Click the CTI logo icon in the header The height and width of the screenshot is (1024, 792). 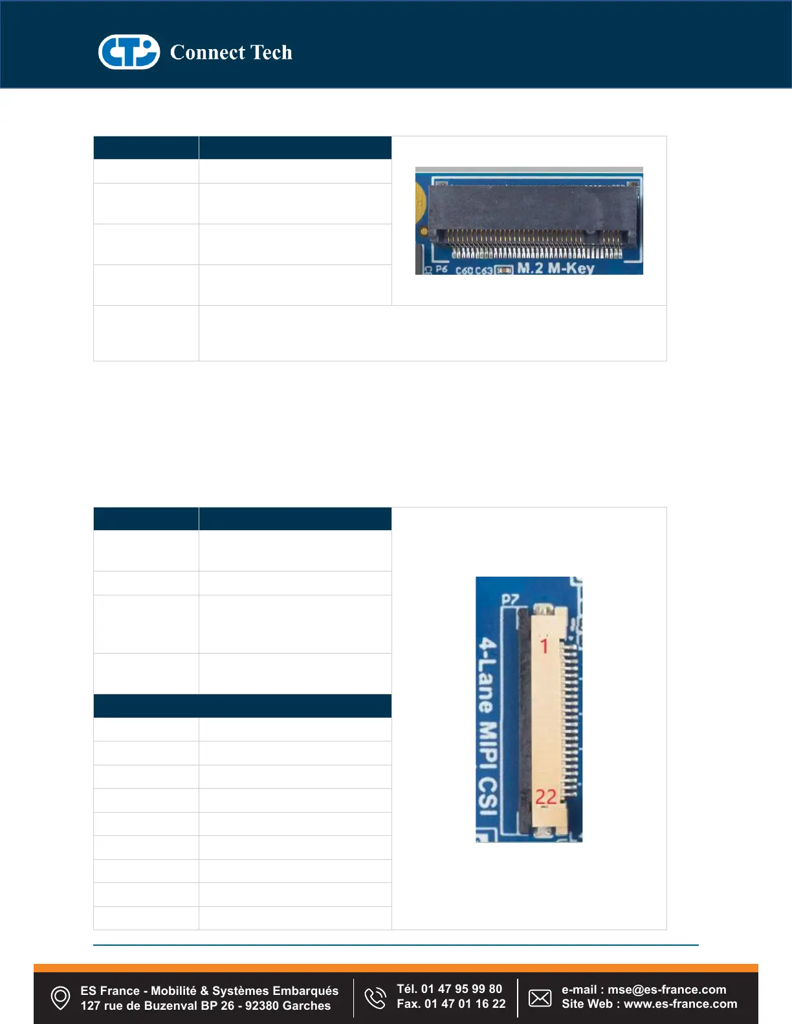(129, 52)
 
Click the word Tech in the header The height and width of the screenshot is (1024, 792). (271, 52)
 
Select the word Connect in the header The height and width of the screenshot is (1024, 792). (208, 52)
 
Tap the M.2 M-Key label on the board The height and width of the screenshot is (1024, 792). (555, 268)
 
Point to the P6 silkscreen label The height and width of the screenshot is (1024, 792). (441, 269)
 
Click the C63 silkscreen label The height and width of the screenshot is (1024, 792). (484, 270)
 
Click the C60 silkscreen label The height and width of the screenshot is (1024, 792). (465, 270)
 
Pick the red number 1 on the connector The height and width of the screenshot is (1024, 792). (544, 645)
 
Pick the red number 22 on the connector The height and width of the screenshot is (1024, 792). (545, 797)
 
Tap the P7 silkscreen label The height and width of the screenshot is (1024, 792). (510, 599)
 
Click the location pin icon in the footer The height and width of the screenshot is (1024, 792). (60, 997)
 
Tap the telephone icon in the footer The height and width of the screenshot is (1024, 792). (375, 997)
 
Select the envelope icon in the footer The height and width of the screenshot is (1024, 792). (540, 997)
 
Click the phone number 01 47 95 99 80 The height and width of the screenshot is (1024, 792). (461, 989)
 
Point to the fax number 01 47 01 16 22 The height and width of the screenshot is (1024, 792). (465, 1004)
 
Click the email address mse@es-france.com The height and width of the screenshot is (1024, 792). (666, 990)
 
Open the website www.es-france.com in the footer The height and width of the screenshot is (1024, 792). (680, 1004)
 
